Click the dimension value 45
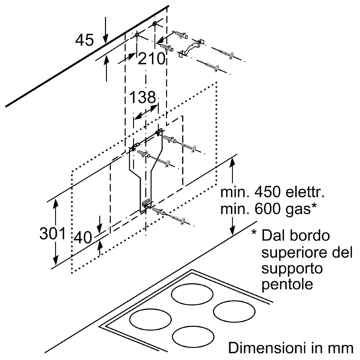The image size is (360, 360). pyautogui.click(x=85, y=40)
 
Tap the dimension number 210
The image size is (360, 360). pyautogui.click(x=151, y=59)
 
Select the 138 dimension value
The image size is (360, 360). pyautogui.click(x=143, y=97)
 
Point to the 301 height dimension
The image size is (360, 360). pyautogui.click(x=53, y=234)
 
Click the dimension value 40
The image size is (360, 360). pyautogui.click(x=83, y=237)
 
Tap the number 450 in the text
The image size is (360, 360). pyautogui.click(x=268, y=192)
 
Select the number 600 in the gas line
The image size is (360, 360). pyautogui.click(x=268, y=209)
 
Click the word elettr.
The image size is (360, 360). pyautogui.click(x=305, y=192)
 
